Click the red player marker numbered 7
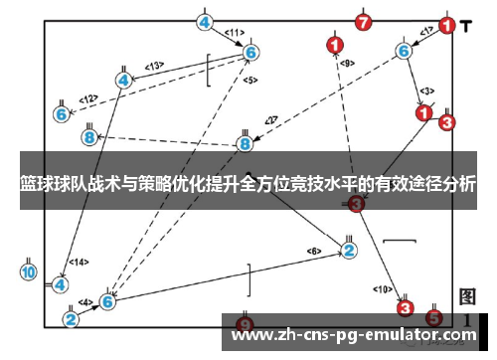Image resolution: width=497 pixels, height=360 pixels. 365,21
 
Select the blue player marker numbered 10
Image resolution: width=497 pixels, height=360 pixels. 28,271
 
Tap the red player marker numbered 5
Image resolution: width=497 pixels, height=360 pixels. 433,318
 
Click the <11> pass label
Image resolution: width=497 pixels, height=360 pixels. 235,33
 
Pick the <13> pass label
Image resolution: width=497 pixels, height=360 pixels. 154,67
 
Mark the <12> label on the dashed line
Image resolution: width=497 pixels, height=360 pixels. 89,99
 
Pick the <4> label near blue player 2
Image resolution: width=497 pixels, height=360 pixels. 86,301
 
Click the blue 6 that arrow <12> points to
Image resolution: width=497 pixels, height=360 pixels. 62,114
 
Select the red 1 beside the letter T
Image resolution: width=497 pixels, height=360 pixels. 448,25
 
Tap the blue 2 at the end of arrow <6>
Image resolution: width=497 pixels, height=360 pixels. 349,250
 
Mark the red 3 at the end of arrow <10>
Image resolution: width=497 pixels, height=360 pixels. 405,308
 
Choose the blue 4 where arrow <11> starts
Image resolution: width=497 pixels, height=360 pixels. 204,22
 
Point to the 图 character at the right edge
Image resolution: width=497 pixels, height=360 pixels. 468,296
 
